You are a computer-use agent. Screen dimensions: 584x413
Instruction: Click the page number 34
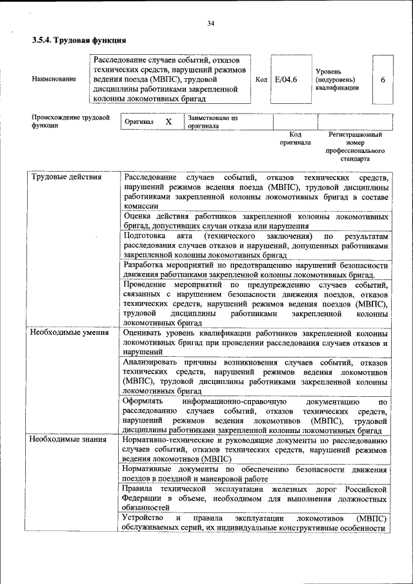click(x=210, y=24)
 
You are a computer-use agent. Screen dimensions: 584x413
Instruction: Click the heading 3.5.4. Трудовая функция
click(x=79, y=40)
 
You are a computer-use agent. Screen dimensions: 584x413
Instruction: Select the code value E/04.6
click(x=286, y=79)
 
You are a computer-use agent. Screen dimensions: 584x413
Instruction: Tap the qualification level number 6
click(x=383, y=79)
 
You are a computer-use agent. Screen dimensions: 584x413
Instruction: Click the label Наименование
click(x=54, y=79)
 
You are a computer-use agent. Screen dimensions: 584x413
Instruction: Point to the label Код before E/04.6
click(x=261, y=79)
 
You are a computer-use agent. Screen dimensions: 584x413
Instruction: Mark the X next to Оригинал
click(x=168, y=122)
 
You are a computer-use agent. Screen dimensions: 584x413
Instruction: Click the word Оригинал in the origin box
click(x=139, y=122)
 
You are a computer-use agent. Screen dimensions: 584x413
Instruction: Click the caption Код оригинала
click(x=296, y=138)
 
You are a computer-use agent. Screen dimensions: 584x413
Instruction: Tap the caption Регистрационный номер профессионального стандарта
click(x=355, y=146)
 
